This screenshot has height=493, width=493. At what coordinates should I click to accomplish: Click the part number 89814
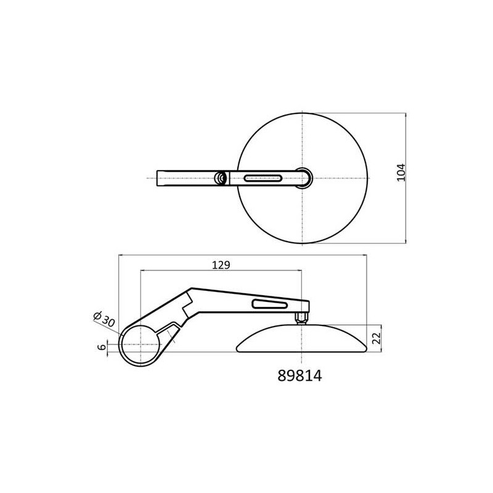click(x=299, y=375)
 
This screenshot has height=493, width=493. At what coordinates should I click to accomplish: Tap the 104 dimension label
click(x=401, y=173)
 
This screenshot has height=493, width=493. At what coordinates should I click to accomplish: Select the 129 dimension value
click(x=221, y=265)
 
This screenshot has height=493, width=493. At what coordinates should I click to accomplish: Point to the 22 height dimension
click(x=377, y=338)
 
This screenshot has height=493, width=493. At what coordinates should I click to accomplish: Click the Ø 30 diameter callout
click(x=105, y=319)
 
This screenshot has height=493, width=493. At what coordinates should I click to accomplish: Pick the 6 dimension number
click(x=102, y=347)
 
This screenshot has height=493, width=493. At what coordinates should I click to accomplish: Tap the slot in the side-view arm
click(x=269, y=304)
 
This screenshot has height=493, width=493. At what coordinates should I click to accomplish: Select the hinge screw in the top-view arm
click(x=221, y=178)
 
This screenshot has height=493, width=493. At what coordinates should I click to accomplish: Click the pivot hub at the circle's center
click(x=304, y=178)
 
